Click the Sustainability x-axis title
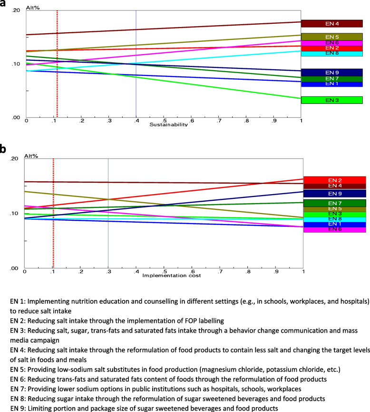point(169,125)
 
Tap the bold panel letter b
point(4,150)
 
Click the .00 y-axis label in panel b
point(14,269)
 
